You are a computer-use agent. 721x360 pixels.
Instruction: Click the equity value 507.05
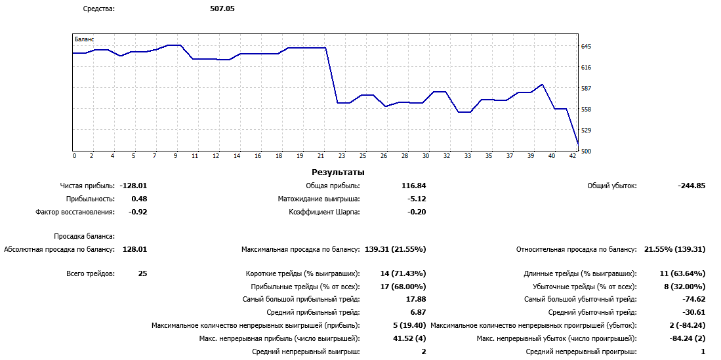222,9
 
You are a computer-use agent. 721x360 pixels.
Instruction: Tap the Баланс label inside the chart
85,39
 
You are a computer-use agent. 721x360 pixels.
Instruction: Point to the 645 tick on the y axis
586,47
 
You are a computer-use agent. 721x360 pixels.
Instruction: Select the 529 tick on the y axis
586,130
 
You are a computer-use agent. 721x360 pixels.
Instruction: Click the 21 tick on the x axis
321,156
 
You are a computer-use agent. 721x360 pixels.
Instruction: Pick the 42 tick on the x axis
573,156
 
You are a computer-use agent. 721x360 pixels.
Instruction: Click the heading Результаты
338,172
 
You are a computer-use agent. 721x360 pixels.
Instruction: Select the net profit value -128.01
133,186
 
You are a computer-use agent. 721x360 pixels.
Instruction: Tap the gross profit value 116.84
413,186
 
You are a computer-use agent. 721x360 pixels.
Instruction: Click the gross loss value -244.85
691,186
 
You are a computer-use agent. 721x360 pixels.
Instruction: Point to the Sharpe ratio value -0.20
417,212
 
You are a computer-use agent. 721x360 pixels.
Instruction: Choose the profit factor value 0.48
139,199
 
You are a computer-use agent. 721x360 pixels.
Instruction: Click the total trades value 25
142,273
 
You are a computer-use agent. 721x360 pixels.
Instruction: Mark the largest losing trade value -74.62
691,299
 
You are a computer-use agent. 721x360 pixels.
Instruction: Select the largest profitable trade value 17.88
417,299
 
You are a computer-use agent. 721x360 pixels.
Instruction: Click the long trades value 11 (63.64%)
682,273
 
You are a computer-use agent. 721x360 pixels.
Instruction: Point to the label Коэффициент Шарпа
324,212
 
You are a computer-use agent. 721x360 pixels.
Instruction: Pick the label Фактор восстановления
75,212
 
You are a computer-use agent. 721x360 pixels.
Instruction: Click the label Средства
98,9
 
